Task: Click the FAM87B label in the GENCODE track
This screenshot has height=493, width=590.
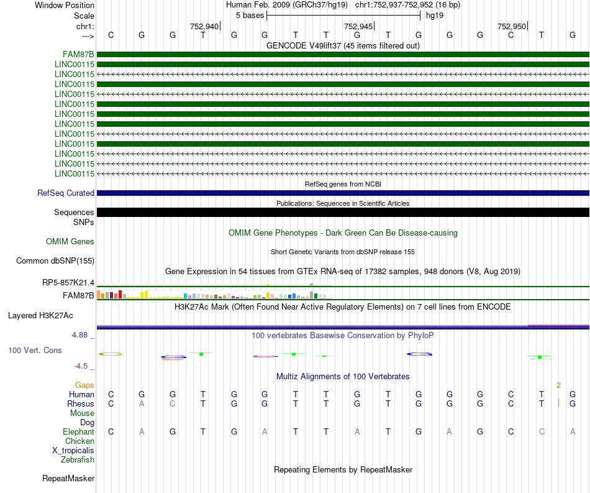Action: [78, 54]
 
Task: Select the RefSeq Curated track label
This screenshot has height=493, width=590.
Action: [66, 193]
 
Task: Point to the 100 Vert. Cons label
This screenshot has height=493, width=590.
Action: [35, 351]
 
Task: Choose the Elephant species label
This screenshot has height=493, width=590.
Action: [78, 432]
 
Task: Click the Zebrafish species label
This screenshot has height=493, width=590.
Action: [78, 460]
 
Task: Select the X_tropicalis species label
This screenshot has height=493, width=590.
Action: [73, 451]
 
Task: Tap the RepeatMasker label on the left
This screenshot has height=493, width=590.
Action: [68, 479]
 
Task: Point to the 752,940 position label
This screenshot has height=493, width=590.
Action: [204, 27]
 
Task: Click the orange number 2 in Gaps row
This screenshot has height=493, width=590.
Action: [558, 385]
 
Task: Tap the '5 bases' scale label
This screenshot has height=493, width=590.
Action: [250, 15]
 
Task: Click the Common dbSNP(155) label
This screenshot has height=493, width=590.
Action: [55, 261]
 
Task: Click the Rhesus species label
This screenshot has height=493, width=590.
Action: [81, 404]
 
